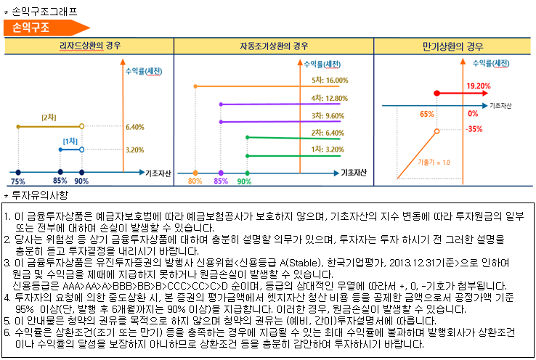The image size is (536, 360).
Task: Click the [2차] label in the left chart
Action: pos(49,117)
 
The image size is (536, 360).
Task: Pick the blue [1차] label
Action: pos(70,140)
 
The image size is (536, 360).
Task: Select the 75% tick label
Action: pos(17,181)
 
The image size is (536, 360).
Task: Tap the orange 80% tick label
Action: pos(195,181)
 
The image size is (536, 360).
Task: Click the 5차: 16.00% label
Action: pos(330,81)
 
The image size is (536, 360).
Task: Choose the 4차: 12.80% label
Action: pos(330,98)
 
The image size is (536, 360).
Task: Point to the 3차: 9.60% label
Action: pos(328,115)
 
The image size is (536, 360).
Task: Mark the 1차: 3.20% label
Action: pos(328,149)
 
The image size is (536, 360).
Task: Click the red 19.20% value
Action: pos(479,86)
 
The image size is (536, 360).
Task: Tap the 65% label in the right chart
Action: pos(427,114)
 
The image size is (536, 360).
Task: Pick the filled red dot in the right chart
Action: pos(436,93)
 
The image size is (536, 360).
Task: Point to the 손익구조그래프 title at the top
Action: pos(44,11)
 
